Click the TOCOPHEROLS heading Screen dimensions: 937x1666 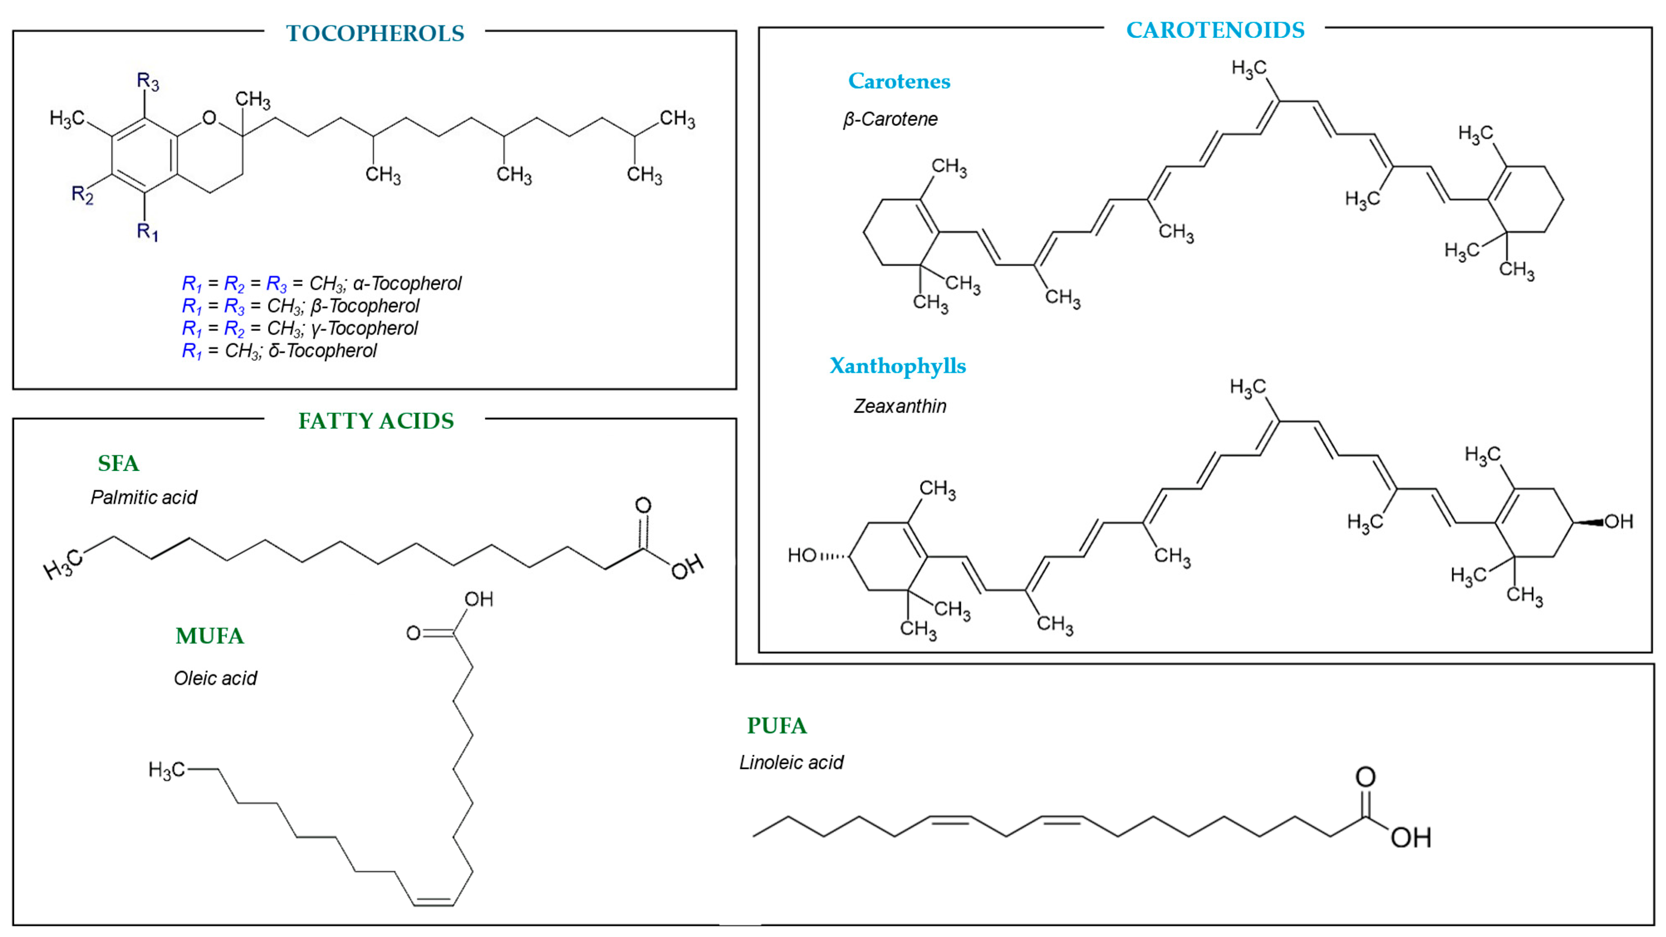[375, 33]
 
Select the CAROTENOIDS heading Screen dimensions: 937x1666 [1215, 30]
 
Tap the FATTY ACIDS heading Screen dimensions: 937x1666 [376, 421]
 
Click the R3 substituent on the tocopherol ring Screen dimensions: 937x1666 [147, 81]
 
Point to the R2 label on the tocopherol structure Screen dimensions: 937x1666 [82, 194]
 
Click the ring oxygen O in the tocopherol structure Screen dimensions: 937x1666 [209, 118]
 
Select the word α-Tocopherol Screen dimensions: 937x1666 [407, 283]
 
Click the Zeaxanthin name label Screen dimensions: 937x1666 [899, 406]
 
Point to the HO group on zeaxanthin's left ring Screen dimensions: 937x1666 [802, 555]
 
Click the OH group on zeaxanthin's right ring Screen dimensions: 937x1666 [1618, 521]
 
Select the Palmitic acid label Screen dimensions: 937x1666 [144, 497]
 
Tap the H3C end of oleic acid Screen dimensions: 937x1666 [166, 770]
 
